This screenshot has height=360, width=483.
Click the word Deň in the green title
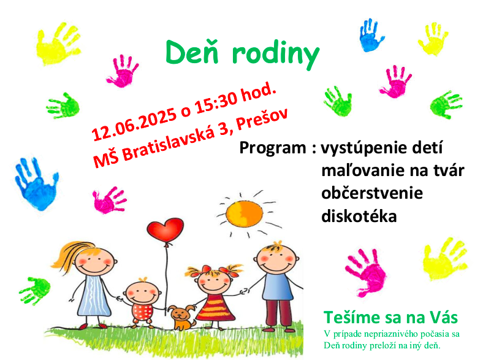click(x=192, y=52)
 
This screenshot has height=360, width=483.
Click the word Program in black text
click(x=273, y=148)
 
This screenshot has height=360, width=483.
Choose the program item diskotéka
click(x=359, y=216)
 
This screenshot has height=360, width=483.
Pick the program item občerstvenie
click(x=372, y=193)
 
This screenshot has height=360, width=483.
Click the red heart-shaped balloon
click(x=165, y=229)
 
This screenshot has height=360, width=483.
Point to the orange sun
click(x=245, y=213)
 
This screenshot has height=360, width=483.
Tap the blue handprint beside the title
click(x=371, y=35)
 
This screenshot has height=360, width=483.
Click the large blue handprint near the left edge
click(x=37, y=184)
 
